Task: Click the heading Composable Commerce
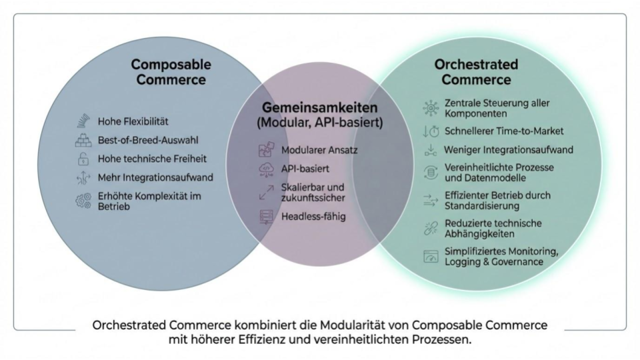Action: [x=171, y=72]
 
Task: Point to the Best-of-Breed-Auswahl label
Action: [x=147, y=141]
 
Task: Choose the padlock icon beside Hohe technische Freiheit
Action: [x=83, y=159]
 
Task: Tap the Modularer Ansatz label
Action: [x=319, y=150]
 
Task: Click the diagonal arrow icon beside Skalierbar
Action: [x=264, y=193]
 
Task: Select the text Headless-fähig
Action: [x=313, y=216]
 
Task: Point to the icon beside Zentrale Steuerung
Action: [x=431, y=109]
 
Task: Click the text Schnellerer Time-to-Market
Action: [x=504, y=131]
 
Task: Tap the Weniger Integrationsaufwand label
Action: [x=509, y=150]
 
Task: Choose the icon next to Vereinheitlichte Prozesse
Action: [x=431, y=173]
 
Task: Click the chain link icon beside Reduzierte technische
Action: [x=431, y=228]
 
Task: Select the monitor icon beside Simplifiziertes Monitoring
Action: [x=431, y=256]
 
